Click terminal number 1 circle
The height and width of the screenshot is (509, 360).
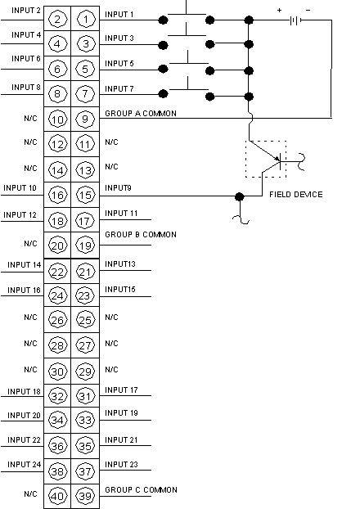click(x=85, y=19)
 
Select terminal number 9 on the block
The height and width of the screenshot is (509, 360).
click(x=85, y=119)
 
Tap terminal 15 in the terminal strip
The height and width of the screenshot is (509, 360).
click(x=85, y=195)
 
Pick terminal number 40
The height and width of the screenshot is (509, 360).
click(x=57, y=496)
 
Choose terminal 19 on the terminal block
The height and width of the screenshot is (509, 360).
click(x=85, y=245)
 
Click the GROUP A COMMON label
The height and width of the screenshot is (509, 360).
click(x=141, y=113)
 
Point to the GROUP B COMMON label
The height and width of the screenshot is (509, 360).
click(x=141, y=234)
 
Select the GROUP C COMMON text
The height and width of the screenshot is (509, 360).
click(x=141, y=489)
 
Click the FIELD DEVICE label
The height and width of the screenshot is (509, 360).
click(x=296, y=195)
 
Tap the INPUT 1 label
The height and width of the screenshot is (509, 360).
click(x=119, y=14)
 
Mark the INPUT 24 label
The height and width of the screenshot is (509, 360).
click(x=24, y=465)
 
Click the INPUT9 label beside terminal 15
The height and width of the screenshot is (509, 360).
click(x=118, y=188)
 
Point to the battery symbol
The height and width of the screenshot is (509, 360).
click(x=295, y=20)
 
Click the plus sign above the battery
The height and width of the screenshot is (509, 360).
click(x=280, y=10)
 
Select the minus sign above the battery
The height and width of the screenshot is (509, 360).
click(x=308, y=10)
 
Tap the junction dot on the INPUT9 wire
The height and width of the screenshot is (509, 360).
click(x=239, y=196)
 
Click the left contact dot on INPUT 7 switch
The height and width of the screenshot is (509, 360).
click(x=163, y=94)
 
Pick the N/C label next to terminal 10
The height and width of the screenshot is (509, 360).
click(x=30, y=118)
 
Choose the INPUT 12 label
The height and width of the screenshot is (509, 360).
click(x=20, y=215)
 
